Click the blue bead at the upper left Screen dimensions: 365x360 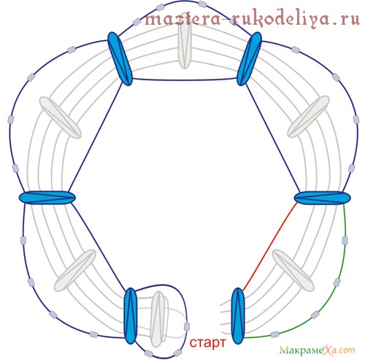pyautogui.click(x=120, y=59)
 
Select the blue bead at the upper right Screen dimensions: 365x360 pyautogui.click(x=249, y=59)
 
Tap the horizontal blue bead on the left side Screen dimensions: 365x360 pyautogui.click(x=47, y=197)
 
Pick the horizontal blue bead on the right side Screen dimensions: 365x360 pyautogui.click(x=323, y=197)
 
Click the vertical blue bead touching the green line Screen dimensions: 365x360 pyautogui.click(x=238, y=316)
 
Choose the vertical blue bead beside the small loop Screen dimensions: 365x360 pyautogui.click(x=131, y=316)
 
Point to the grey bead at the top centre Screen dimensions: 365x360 pyautogui.click(x=185, y=46)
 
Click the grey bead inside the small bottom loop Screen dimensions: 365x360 pyautogui.click(x=158, y=319)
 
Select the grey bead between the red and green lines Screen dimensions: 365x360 pyautogui.click(x=293, y=270)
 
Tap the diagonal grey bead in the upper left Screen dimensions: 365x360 pyautogui.click(x=61, y=118)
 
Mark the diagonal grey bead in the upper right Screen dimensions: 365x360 pyautogui.click(x=308, y=116)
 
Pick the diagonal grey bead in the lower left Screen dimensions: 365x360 pyautogui.click(x=75, y=270)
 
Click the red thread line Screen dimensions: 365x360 pyautogui.click(x=269, y=247)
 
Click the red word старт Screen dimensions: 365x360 pyautogui.click(x=207, y=342)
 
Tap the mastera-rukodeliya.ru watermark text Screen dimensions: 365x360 pyautogui.click(x=252, y=19)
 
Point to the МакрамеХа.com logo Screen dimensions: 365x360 pyautogui.click(x=317, y=351)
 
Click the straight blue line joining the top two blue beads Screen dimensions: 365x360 pyautogui.click(x=185, y=80)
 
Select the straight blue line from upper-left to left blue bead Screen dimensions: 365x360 pyautogui.click(x=95, y=137)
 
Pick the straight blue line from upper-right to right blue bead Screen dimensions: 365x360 pyautogui.click(x=273, y=138)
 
